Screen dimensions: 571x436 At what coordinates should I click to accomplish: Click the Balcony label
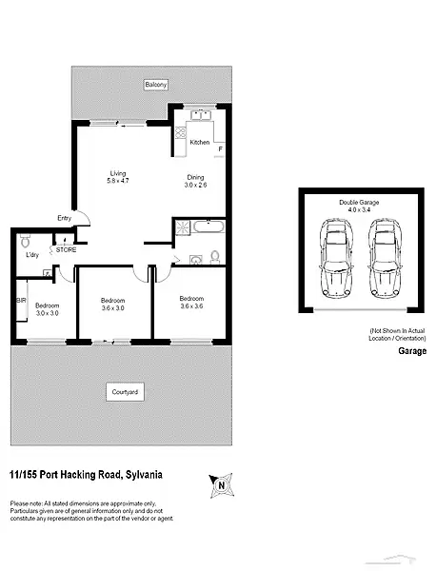156,86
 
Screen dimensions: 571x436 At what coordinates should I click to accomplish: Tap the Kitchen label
199,142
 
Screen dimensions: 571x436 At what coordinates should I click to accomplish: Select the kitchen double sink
200,116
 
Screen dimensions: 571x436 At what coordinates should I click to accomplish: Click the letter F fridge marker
220,149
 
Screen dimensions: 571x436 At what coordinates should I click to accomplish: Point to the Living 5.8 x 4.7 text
117,177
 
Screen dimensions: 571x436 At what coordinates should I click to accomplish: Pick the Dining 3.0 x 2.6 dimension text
194,181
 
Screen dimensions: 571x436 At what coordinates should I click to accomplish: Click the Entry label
64,218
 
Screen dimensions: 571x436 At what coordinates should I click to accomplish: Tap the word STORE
66,249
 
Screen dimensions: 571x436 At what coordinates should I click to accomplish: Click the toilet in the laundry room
26,240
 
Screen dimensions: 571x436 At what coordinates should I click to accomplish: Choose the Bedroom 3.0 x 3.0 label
48,308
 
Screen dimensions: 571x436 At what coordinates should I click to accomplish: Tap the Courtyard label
125,391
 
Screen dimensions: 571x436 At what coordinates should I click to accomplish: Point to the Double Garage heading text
360,207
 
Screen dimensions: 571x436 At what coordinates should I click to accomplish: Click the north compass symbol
221,486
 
